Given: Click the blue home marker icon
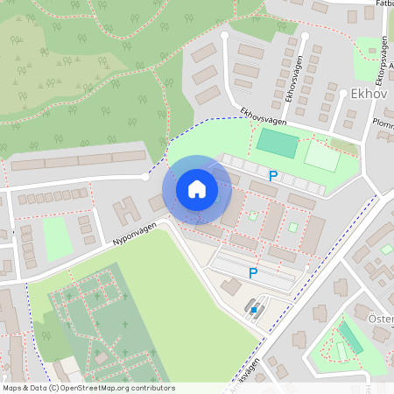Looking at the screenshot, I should [x=197, y=189].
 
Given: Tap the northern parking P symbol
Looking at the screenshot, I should [x=273, y=176].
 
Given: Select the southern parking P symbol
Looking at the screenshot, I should [x=253, y=273].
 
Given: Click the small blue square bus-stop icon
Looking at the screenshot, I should [x=255, y=309].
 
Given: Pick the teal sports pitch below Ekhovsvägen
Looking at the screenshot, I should [x=277, y=143].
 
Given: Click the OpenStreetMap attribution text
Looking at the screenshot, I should [x=88, y=388].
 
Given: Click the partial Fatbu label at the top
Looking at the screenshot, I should [x=381, y=4].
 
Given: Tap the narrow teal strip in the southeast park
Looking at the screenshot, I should [x=350, y=336].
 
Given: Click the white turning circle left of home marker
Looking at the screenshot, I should [x=145, y=177].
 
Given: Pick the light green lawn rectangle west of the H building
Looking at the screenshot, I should [x=57, y=238].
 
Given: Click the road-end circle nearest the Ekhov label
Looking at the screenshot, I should [x=304, y=36].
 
